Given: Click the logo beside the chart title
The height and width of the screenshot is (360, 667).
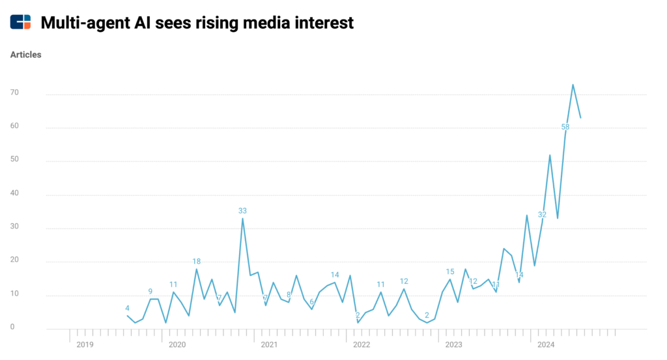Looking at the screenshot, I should (20, 22).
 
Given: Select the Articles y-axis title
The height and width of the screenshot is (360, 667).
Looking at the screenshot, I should (26, 55).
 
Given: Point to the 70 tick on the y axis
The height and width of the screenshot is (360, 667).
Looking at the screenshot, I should (14, 93).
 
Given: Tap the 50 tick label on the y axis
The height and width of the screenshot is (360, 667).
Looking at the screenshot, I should (14, 160).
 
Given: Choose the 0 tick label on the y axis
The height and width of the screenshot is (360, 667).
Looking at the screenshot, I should (12, 327).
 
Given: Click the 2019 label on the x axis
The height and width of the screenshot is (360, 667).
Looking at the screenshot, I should (85, 344).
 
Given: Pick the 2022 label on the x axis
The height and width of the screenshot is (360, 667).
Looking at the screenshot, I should (362, 344).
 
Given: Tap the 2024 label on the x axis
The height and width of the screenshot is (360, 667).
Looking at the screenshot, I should (546, 344).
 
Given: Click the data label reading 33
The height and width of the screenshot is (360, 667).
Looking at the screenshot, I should (242, 211).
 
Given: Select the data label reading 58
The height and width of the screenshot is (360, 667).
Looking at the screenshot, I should (565, 127).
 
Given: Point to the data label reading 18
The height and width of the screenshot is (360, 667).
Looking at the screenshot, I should (196, 262).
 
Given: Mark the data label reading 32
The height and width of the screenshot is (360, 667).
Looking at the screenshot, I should (542, 214).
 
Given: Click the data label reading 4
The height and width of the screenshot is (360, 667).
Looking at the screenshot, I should (127, 308).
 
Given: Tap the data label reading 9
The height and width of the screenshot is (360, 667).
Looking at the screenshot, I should (150, 292).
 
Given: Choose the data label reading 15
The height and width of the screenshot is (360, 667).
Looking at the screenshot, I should (450, 272).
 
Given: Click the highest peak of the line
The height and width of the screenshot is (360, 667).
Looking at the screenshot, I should (573, 85).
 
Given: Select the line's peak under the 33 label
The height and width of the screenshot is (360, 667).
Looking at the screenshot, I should (242, 219).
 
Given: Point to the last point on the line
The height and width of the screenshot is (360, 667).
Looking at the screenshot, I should (580, 117).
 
